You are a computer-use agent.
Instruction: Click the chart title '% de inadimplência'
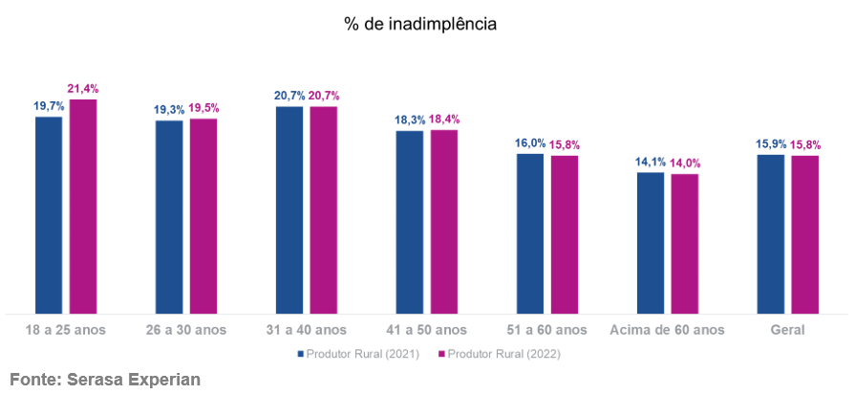tap(420, 24)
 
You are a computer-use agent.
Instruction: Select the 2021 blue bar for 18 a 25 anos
tap(49, 214)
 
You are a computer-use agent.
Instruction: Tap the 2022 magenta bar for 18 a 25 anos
tap(83, 206)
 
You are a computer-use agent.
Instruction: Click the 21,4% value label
tap(83, 89)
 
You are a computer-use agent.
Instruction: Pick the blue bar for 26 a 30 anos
tap(169, 216)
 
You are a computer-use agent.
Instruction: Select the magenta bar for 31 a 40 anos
tap(324, 209)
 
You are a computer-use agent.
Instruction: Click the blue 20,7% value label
tap(289, 96)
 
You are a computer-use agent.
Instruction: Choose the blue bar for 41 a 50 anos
tap(410, 221)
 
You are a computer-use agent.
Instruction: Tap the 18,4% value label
tap(445, 120)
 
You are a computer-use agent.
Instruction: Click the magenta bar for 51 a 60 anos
tap(565, 233)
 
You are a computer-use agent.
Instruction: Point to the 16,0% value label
tap(530, 143)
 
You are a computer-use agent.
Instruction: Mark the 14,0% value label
tap(686, 164)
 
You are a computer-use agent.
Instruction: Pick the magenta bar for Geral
tap(805, 233)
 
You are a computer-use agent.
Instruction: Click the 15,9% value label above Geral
tap(771, 144)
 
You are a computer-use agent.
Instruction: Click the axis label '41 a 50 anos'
tap(427, 330)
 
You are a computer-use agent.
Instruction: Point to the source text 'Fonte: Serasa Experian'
tap(104, 379)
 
